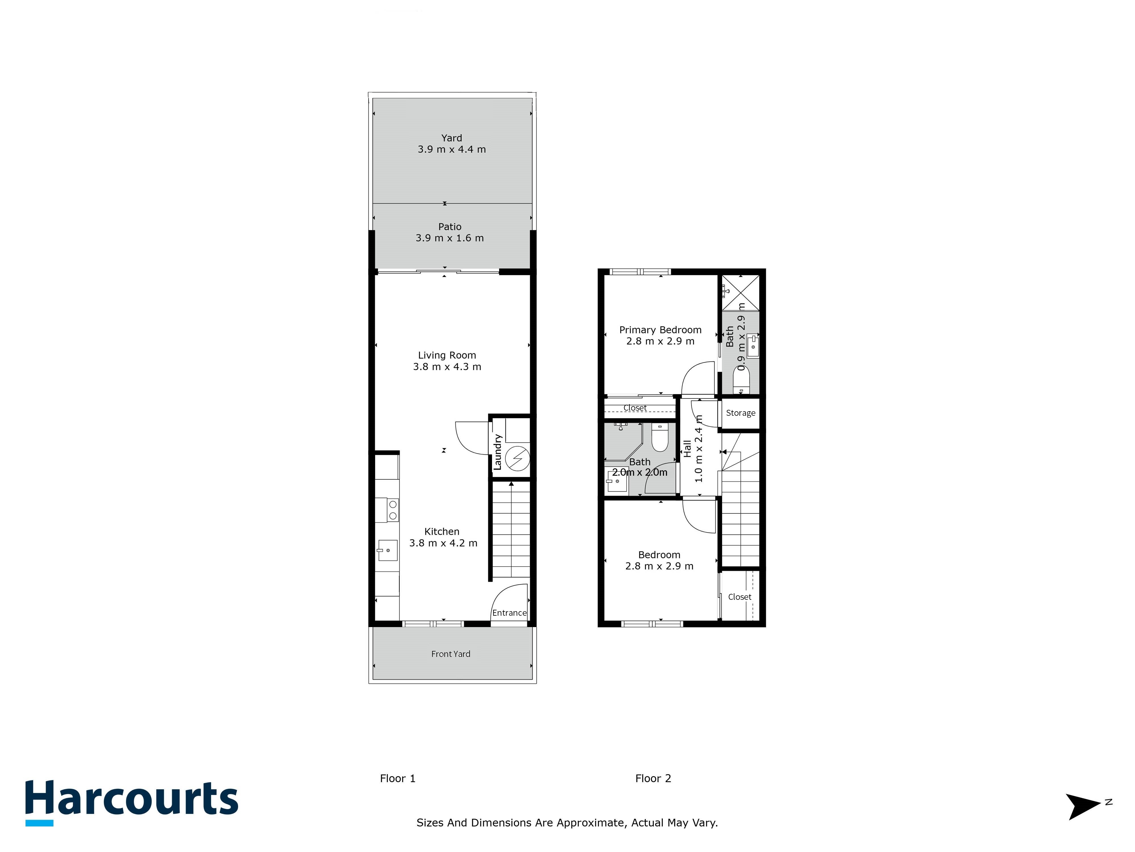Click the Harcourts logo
click(132, 802)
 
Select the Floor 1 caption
click(398, 778)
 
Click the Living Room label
click(447, 355)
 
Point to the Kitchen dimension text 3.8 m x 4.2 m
click(443, 543)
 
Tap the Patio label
click(450, 226)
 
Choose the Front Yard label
click(451, 654)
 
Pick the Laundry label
click(497, 452)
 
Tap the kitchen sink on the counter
click(387, 550)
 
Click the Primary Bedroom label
click(660, 330)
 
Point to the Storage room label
click(740, 413)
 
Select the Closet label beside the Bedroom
click(739, 597)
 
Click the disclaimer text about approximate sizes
click(567, 823)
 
